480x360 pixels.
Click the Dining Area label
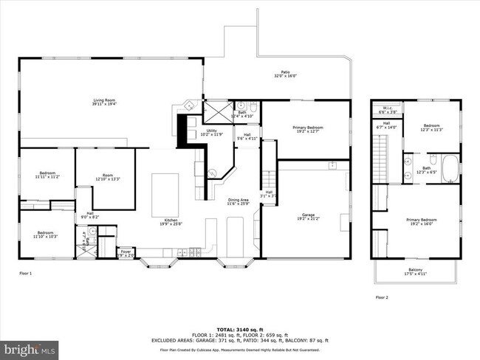237,201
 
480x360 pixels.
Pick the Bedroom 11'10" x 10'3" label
46,234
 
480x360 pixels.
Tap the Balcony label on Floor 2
416,271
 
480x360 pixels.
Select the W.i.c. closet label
388,111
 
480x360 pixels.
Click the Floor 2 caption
381,297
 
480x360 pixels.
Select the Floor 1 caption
26,273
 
